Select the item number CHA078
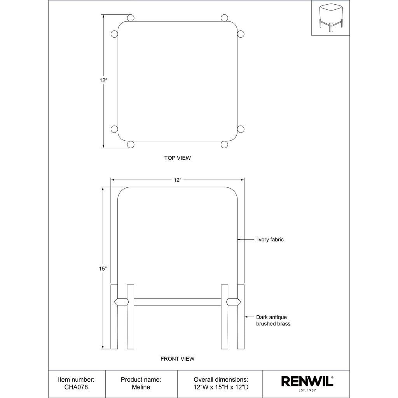(x=76, y=387)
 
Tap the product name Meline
(x=141, y=387)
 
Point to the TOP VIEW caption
(x=177, y=158)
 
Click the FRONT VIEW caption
(x=177, y=359)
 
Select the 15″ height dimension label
(x=103, y=269)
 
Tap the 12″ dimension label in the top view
(x=103, y=80)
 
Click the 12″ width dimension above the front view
(x=177, y=180)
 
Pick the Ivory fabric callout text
(x=271, y=239)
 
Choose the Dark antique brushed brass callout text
(x=273, y=320)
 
